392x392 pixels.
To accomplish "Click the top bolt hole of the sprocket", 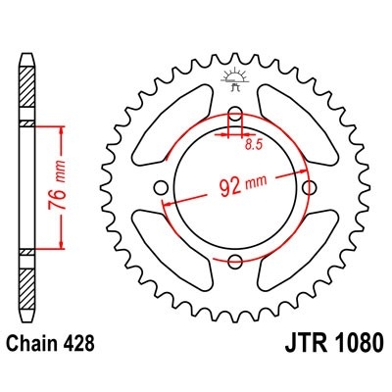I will click(235, 113).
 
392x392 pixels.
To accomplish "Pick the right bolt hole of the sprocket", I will click(310, 186).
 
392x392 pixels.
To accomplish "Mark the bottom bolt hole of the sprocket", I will click(235, 261).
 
